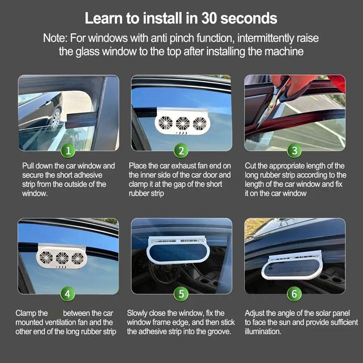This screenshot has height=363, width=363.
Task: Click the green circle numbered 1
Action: pos(68,150)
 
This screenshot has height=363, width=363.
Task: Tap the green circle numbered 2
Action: pos(181,150)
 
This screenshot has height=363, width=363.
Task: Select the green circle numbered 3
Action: pos(294,150)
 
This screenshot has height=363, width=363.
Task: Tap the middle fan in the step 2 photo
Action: pos(183,123)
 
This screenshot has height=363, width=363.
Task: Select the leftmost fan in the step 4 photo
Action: pos(46,258)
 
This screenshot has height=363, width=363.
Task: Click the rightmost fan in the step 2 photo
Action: pos(199,123)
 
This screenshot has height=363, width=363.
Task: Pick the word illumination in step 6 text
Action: pos(262,331)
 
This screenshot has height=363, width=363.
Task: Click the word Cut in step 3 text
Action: pos(251,166)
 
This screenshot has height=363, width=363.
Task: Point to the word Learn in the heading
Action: pos(103,18)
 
